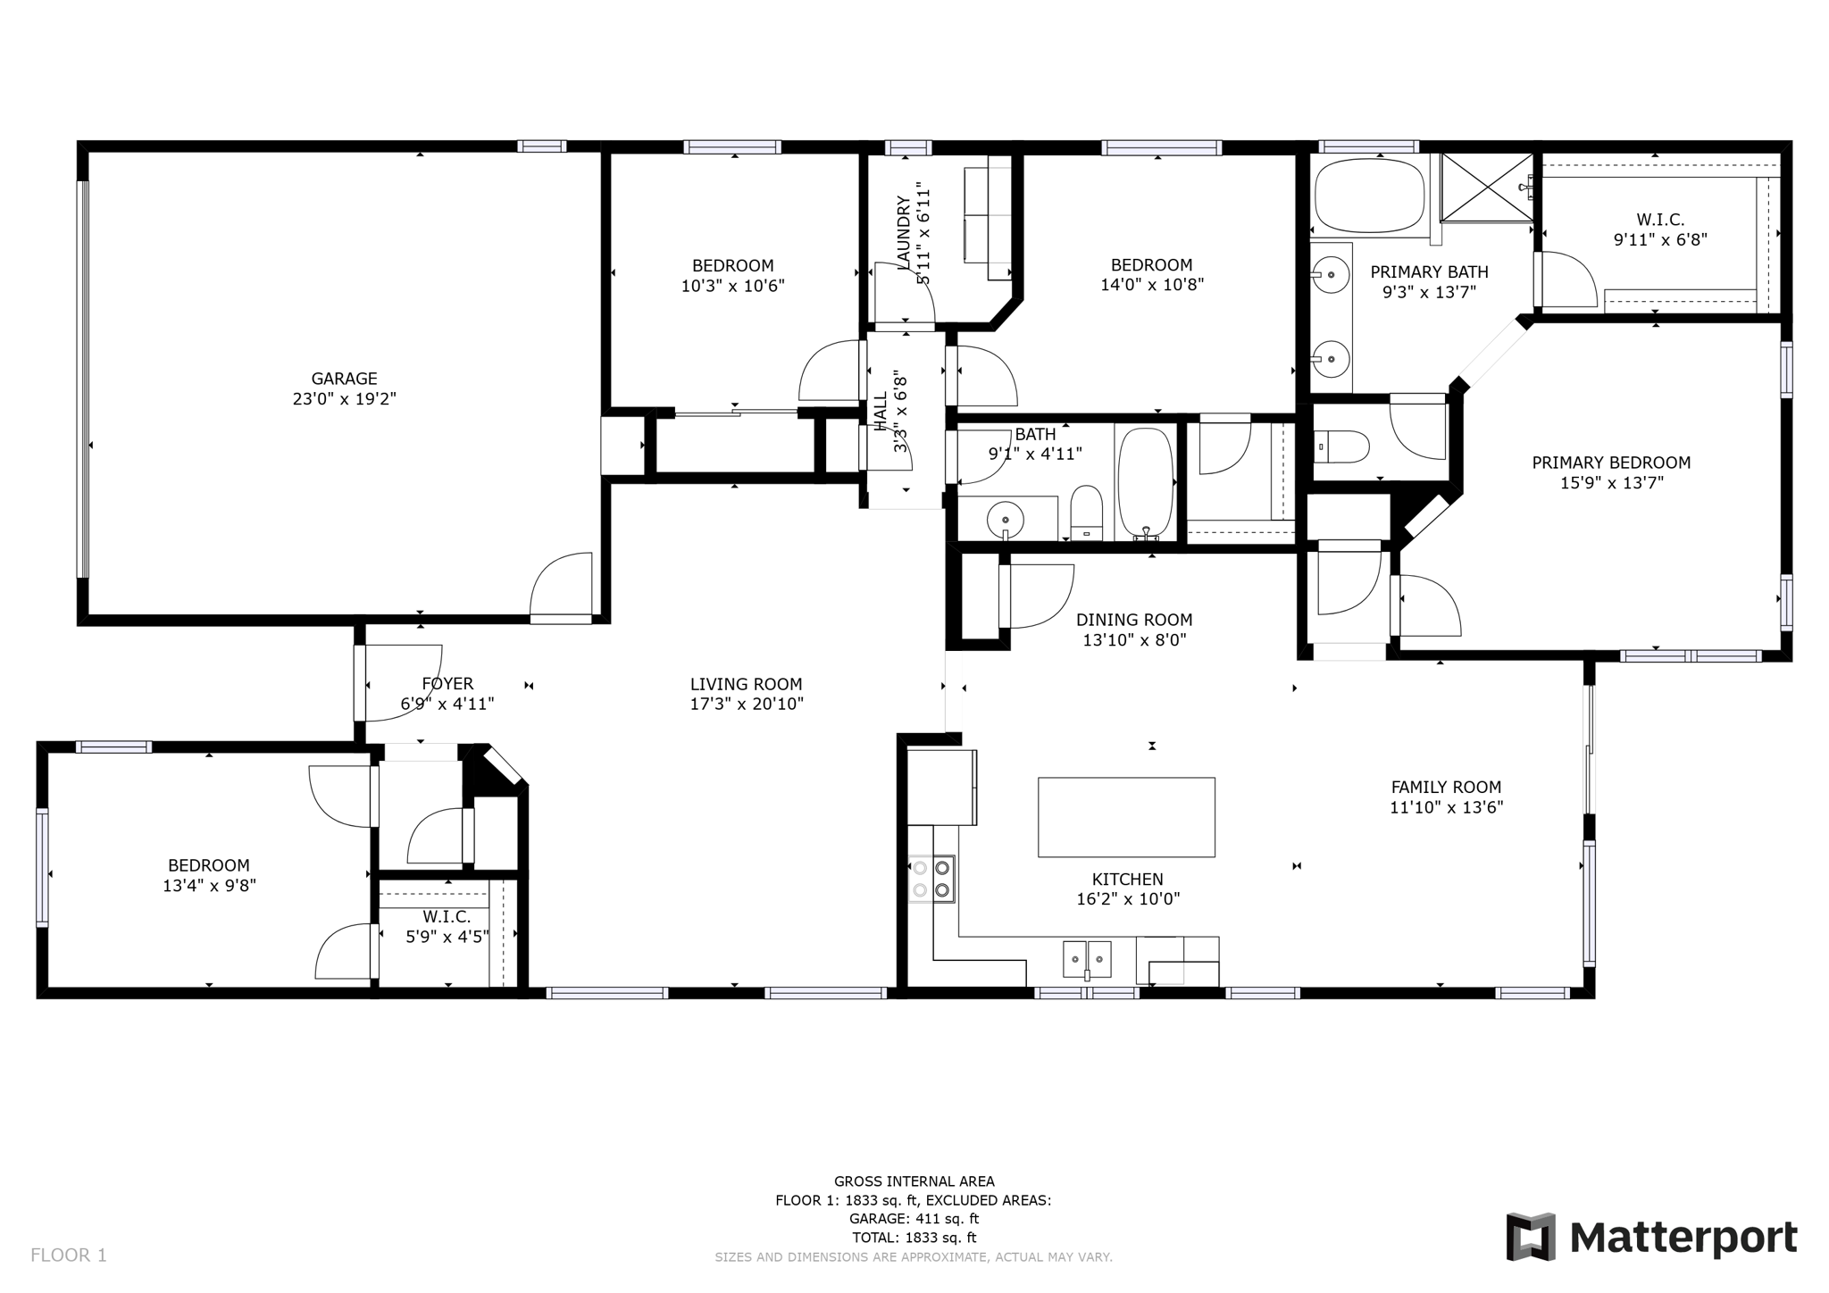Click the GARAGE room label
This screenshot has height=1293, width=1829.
coord(344,379)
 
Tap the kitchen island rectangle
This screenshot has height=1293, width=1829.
coord(1125,817)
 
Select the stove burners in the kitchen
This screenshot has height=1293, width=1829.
coord(931,879)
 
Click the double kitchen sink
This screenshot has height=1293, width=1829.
coord(1087,959)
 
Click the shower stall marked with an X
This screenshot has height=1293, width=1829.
coord(1487,187)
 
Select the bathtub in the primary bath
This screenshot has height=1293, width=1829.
coord(1369,195)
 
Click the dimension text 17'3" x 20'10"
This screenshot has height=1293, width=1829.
coord(747,704)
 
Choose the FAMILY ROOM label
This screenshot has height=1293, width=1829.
coord(1446,787)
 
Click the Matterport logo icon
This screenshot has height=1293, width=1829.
coord(1531,1236)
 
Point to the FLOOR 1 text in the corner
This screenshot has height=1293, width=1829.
coord(69,1255)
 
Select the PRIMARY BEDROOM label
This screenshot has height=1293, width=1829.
coord(1610,463)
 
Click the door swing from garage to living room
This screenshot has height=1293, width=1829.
coord(563,585)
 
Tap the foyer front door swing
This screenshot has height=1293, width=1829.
coord(402,680)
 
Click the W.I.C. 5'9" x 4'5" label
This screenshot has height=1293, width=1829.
coord(447,927)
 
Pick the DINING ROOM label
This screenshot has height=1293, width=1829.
coord(1133,620)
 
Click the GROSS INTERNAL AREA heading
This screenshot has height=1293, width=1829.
coord(914,1181)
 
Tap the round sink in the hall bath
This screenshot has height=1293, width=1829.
coord(1006,518)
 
